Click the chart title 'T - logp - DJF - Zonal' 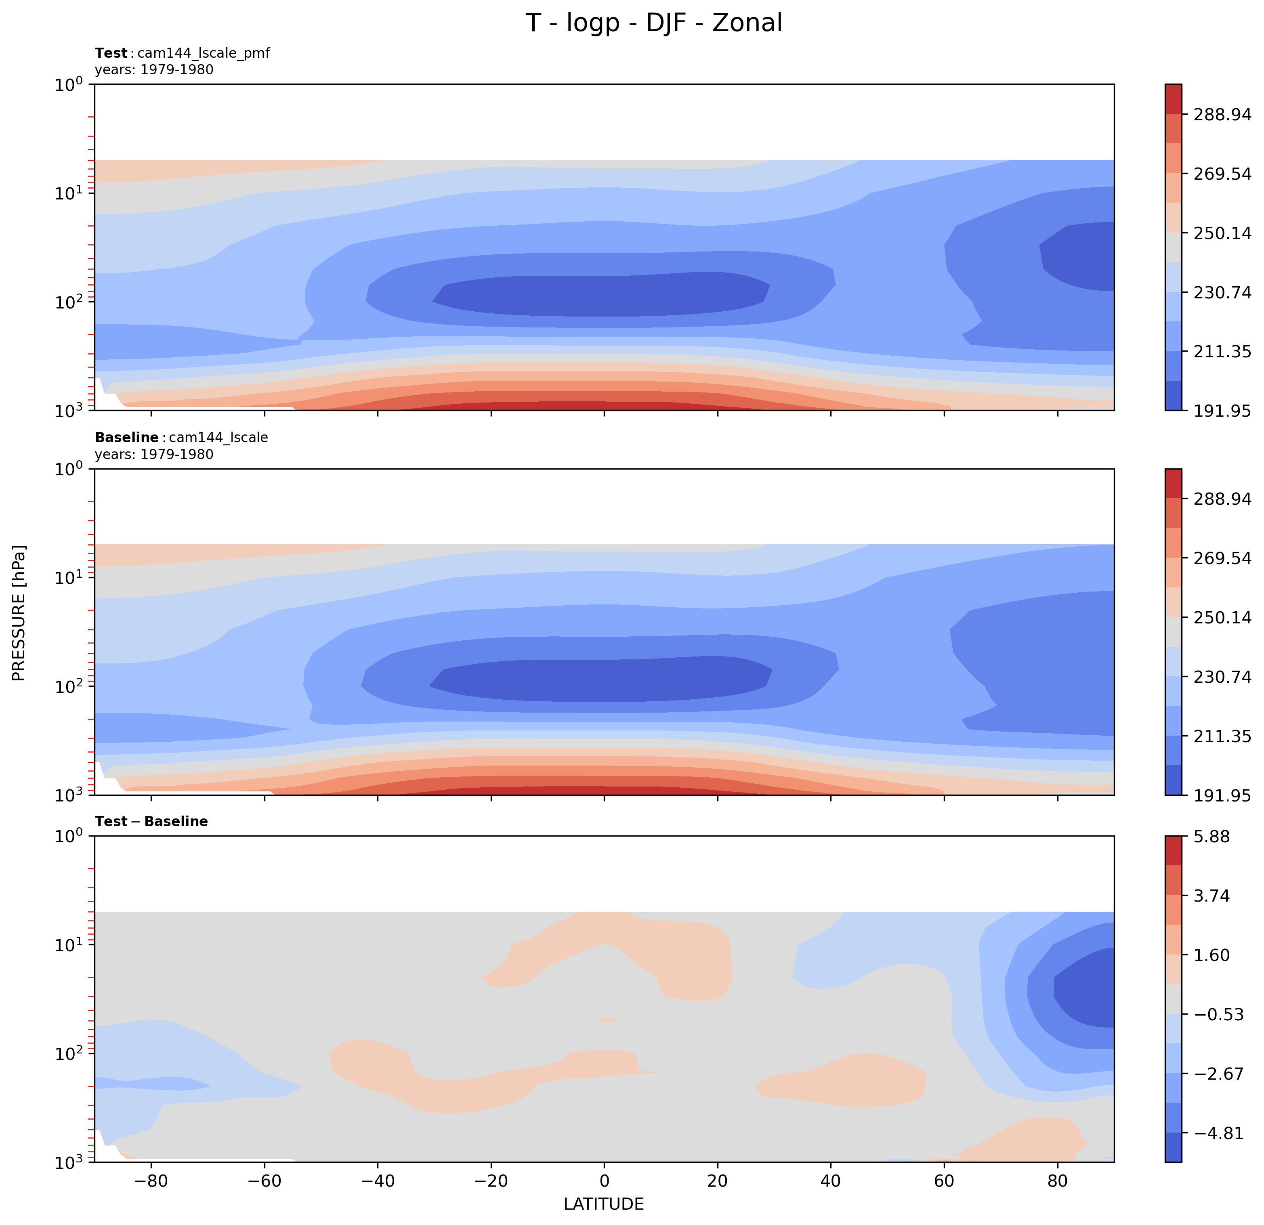pos(653,23)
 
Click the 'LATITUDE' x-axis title pos(604,1204)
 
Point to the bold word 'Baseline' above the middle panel pos(126,437)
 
